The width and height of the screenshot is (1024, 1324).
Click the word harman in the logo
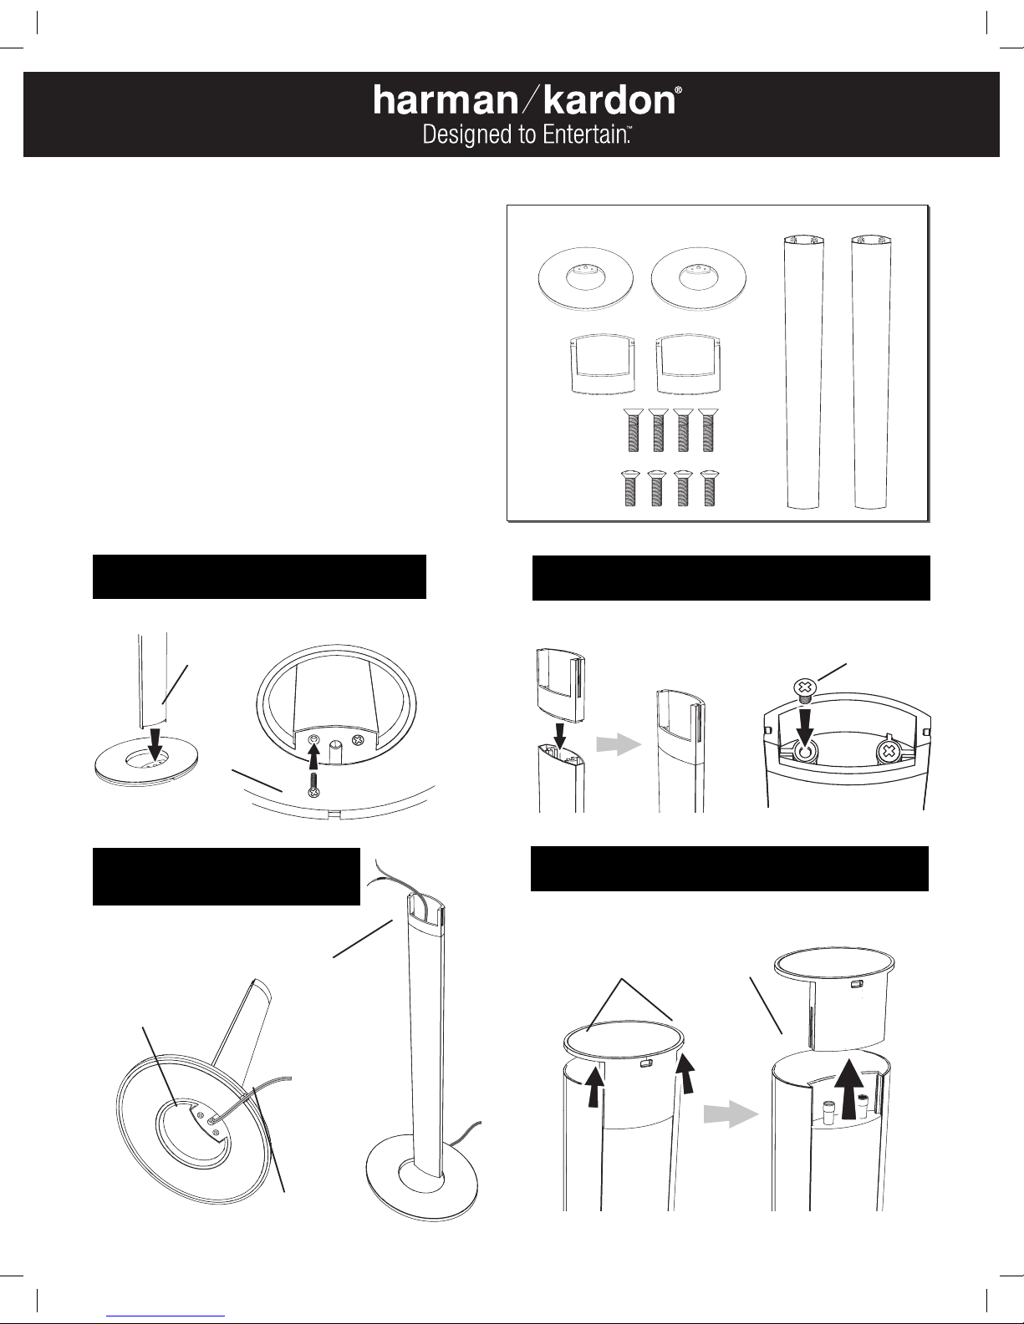click(445, 100)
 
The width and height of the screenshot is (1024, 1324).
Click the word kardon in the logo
click(609, 100)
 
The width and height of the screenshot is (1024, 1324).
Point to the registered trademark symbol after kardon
click(679, 90)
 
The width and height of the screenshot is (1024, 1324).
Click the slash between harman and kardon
click(530, 100)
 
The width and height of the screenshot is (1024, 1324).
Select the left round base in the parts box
click(586, 278)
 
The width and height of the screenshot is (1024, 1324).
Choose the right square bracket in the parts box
click(688, 363)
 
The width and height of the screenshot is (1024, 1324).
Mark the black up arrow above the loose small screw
click(314, 757)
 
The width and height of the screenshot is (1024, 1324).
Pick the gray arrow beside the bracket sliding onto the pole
click(618, 744)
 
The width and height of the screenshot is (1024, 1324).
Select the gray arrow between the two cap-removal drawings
click(731, 1114)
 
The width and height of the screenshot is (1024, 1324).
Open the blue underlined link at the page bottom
click(166, 1316)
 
